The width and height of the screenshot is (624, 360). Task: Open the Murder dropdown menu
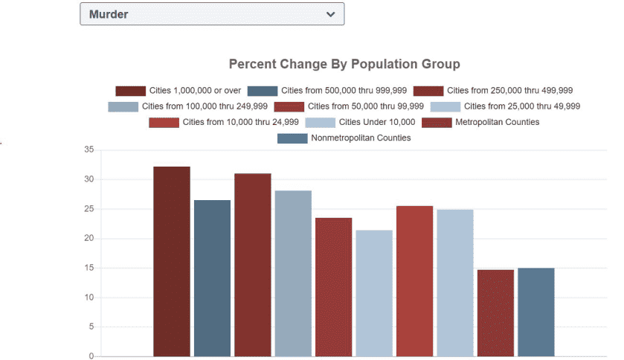click(x=211, y=14)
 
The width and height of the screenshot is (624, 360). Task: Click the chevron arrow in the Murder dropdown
click(x=330, y=14)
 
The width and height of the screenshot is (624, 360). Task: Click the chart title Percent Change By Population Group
click(x=344, y=64)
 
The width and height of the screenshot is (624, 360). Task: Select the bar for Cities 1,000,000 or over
click(x=172, y=261)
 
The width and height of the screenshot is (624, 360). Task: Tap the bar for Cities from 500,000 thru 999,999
click(x=212, y=277)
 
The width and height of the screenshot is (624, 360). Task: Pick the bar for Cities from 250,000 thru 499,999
click(x=252, y=265)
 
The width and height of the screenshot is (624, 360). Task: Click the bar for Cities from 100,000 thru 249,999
click(x=293, y=273)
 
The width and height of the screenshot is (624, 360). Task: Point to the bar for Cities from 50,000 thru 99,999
click(x=333, y=286)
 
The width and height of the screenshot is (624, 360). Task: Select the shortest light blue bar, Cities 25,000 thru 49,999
click(x=373, y=293)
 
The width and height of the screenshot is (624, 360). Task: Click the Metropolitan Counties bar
click(x=495, y=312)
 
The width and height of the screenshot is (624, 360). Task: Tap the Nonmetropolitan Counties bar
click(x=535, y=312)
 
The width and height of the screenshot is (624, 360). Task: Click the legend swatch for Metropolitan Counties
click(x=437, y=122)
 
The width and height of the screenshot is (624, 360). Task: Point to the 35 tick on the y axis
click(x=89, y=150)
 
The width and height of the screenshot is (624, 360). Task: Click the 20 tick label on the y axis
click(x=89, y=238)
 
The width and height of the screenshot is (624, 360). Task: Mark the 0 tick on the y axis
click(x=91, y=356)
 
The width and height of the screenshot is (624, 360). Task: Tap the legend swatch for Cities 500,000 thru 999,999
click(x=263, y=91)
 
